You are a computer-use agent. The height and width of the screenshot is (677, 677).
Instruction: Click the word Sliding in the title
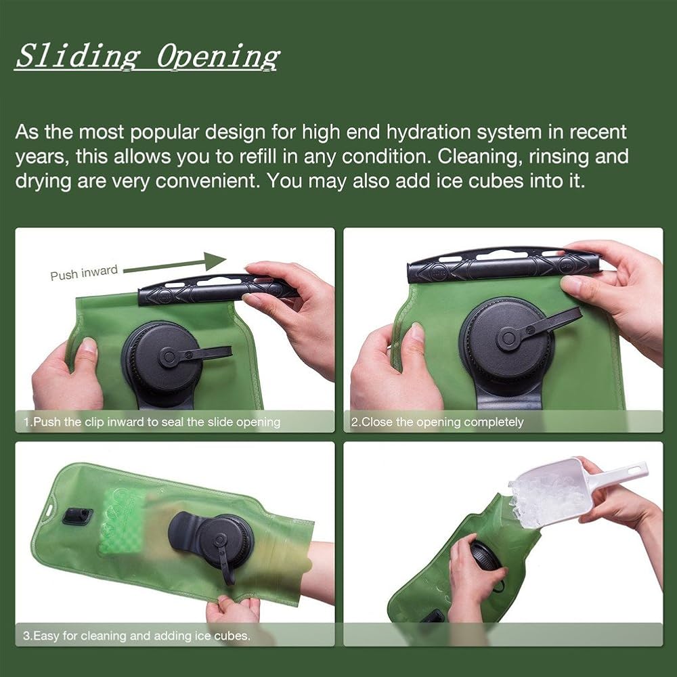[x=78, y=56]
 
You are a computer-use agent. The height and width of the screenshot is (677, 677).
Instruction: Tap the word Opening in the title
[x=219, y=57]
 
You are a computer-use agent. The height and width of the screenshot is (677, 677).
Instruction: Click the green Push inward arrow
[x=175, y=264]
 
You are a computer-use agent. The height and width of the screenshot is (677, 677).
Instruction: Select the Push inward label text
[x=84, y=273]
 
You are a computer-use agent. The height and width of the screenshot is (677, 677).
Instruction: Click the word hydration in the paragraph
[x=429, y=132]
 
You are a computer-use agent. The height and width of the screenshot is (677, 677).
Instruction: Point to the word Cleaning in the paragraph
[x=477, y=156]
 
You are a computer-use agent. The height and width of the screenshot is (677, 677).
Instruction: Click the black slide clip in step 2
[x=504, y=264]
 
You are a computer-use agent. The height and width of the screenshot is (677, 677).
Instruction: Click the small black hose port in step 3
[x=77, y=516]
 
